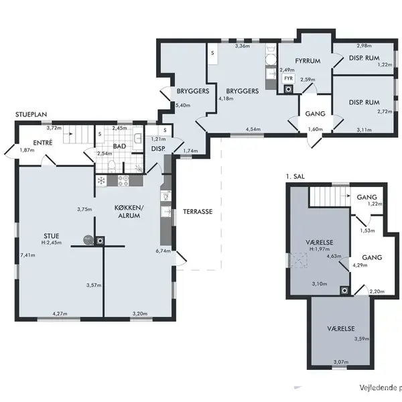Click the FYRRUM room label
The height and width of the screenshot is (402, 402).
[x=308, y=61]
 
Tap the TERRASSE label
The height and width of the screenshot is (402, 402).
[x=198, y=212]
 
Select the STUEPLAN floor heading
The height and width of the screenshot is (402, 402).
[x=31, y=115]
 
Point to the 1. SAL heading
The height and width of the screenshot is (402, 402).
[x=295, y=176]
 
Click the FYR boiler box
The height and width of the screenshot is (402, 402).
[x=288, y=78]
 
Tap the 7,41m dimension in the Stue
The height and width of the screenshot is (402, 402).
[x=27, y=255]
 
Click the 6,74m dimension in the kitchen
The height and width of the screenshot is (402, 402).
[x=163, y=251]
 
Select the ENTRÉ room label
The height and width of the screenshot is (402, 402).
[x=43, y=143]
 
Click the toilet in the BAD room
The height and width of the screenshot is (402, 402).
[x=111, y=166]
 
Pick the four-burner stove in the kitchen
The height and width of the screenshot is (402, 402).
[x=123, y=180]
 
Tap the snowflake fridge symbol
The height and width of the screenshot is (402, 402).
[x=102, y=180]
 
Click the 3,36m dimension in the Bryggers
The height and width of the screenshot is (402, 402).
[x=243, y=46]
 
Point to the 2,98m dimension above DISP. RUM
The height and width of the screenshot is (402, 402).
[x=364, y=46]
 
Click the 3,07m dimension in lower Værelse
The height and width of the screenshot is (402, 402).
[x=341, y=362]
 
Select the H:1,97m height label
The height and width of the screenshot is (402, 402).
[x=320, y=249]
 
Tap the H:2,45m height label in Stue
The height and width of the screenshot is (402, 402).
[x=52, y=243]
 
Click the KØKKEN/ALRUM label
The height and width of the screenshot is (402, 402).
[x=129, y=212]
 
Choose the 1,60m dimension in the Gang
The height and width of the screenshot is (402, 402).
[x=316, y=129]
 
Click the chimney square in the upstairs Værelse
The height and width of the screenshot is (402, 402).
[x=345, y=291]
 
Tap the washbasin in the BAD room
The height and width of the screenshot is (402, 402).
[x=137, y=139]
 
